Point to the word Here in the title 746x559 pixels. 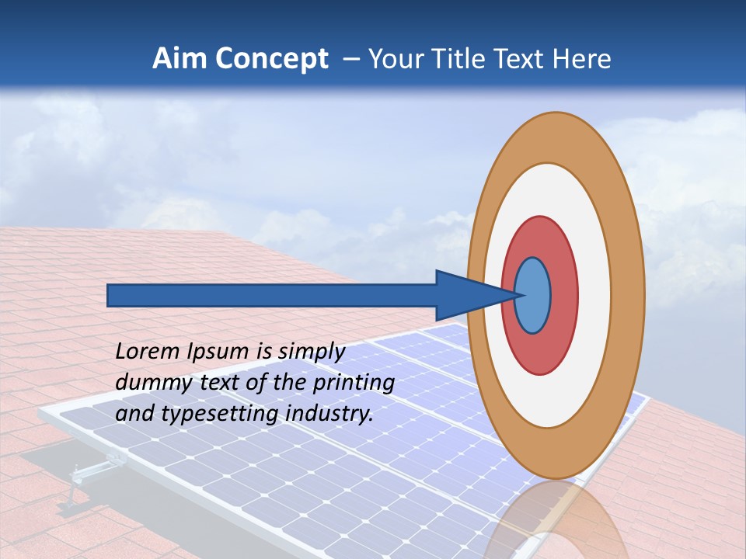582,59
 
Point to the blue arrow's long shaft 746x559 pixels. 272,295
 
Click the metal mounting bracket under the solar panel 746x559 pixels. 89,474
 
